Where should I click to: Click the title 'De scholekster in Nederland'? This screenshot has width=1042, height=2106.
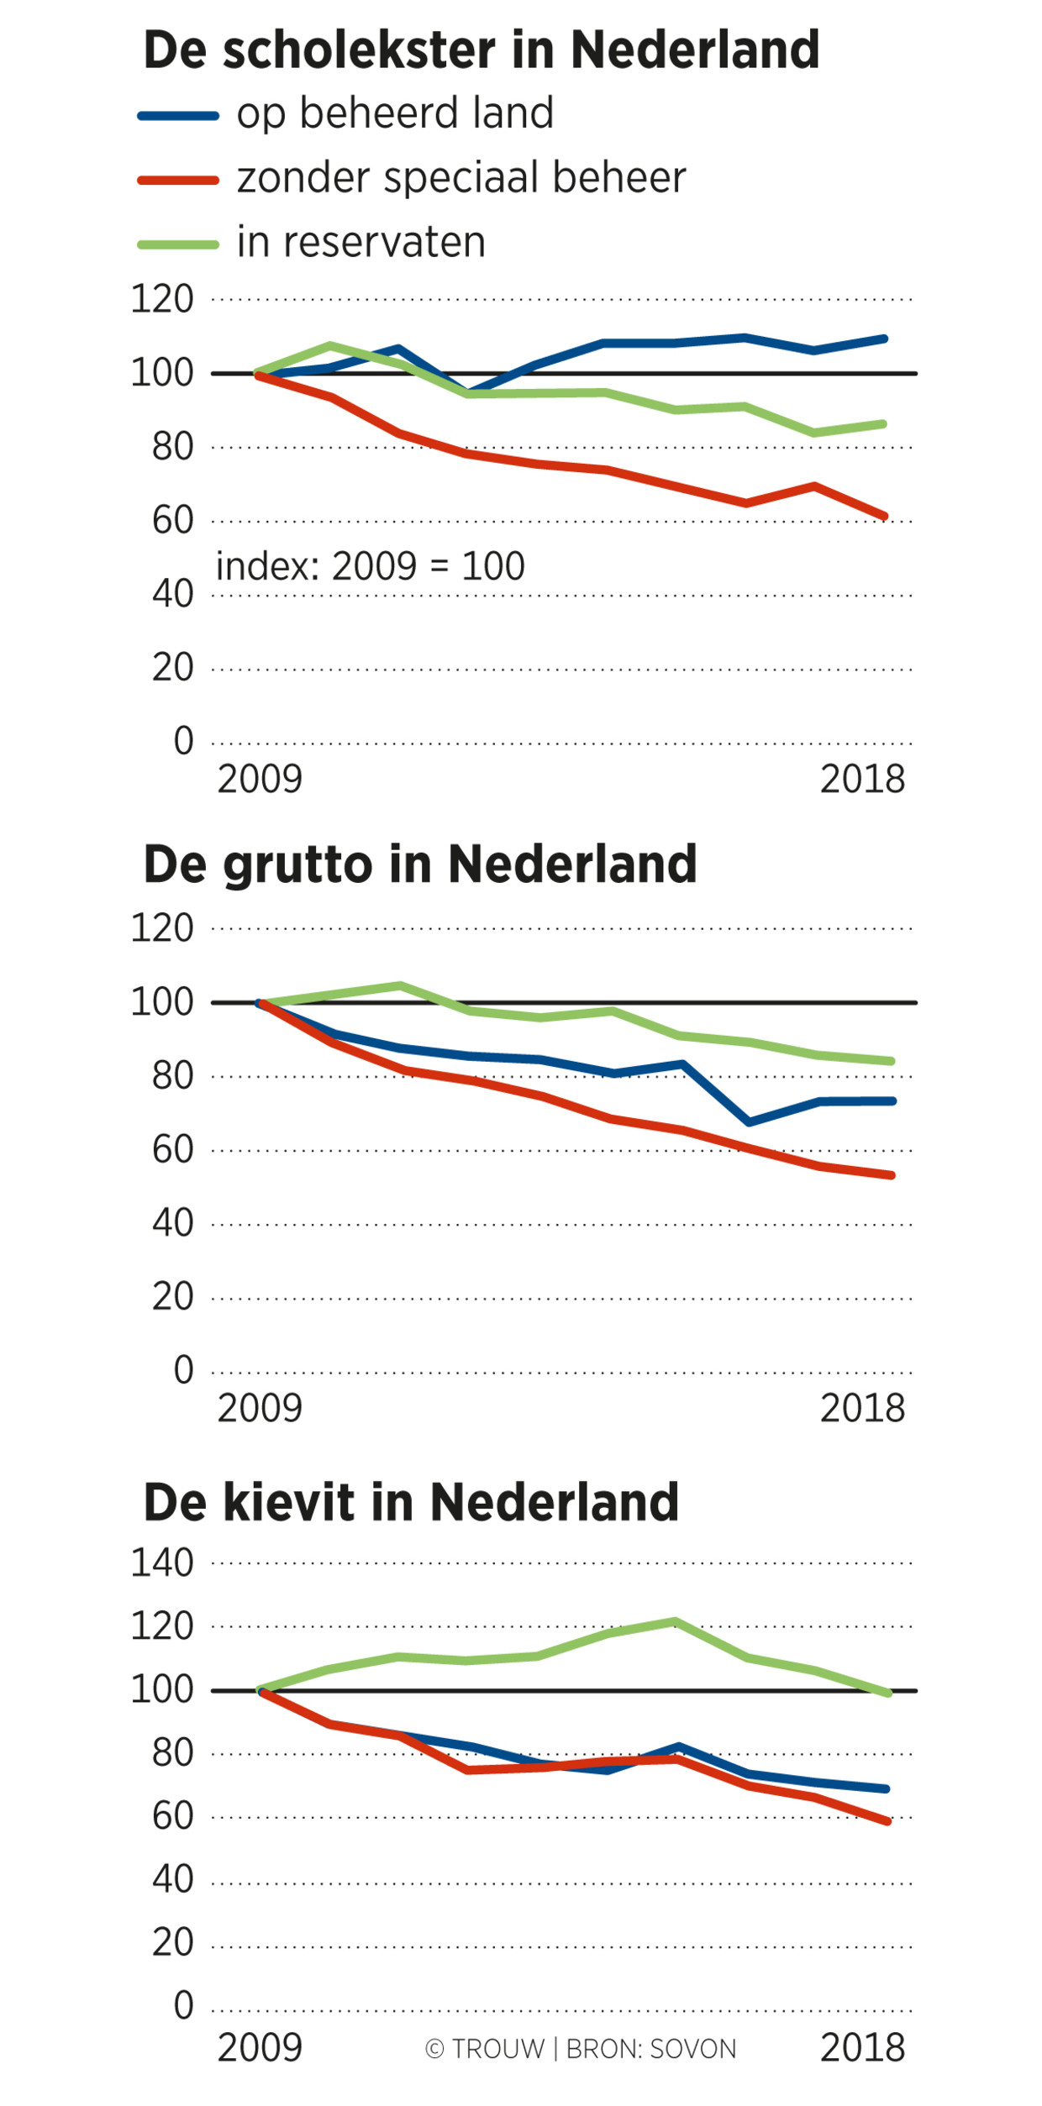click(x=481, y=50)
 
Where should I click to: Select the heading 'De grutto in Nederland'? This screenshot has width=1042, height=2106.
click(x=420, y=864)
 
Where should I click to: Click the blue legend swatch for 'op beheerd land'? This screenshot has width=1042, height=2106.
click(x=178, y=116)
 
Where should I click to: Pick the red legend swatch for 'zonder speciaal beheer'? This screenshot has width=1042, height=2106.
click(x=178, y=181)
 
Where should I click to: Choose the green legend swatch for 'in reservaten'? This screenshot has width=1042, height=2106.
click(x=178, y=245)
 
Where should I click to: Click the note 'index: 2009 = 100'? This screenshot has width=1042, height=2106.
click(x=370, y=566)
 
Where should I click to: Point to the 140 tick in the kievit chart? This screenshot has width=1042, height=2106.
click(x=161, y=1563)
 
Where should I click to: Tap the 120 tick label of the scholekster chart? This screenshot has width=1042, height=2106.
click(x=161, y=299)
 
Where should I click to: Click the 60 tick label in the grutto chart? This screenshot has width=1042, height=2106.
click(x=172, y=1149)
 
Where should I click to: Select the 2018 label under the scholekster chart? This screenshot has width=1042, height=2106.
click(x=862, y=780)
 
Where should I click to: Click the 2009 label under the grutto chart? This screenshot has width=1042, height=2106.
click(x=260, y=1408)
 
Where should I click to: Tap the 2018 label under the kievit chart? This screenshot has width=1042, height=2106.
click(x=862, y=2048)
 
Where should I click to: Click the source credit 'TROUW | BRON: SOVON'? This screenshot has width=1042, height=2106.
click(x=581, y=2049)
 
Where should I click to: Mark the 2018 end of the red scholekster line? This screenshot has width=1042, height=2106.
click(x=884, y=517)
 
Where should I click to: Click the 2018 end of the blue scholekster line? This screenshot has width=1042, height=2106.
click(x=884, y=339)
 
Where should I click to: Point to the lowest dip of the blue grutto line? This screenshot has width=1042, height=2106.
click(x=749, y=1122)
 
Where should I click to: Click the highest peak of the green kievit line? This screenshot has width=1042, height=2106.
click(x=676, y=1621)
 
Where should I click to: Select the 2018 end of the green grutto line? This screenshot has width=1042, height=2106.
click(x=891, y=1061)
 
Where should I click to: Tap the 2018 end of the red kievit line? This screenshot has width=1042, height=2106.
click(x=887, y=1821)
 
